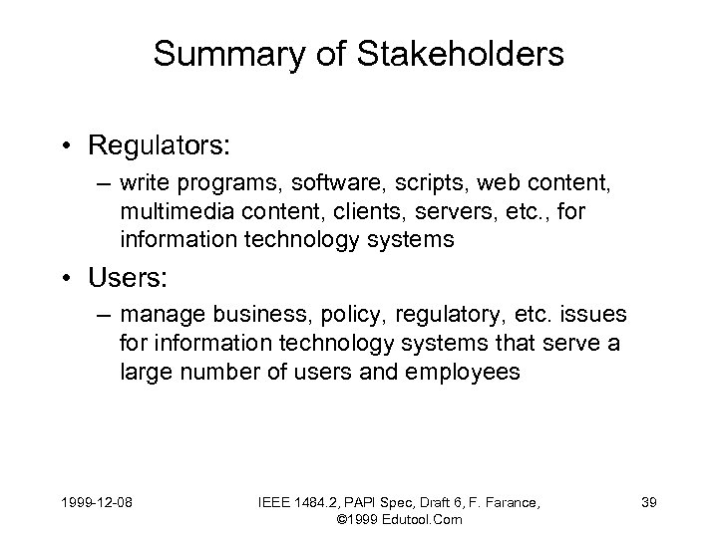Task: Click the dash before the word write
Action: (101, 183)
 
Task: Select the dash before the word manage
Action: (101, 315)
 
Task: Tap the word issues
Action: (595, 315)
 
